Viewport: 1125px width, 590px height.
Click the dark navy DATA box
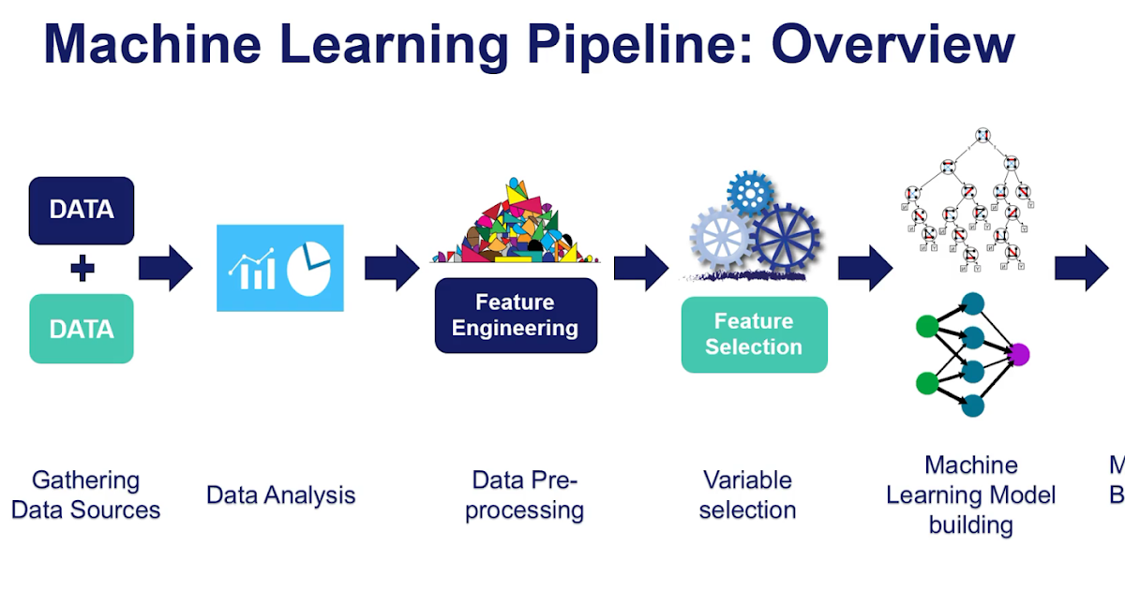tap(82, 210)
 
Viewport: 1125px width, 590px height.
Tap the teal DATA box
tap(82, 329)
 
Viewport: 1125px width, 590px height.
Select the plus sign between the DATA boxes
tap(82, 270)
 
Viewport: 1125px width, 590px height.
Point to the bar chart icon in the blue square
tap(252, 270)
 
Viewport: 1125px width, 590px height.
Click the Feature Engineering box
tap(516, 316)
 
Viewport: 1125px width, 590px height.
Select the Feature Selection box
tap(754, 334)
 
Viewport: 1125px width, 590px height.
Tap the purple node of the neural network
tap(1019, 354)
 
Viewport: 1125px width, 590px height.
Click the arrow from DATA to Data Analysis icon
tap(165, 269)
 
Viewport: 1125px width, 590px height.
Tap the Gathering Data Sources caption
tap(85, 495)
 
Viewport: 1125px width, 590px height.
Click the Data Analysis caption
tap(281, 494)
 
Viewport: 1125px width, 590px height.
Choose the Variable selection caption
tap(747, 495)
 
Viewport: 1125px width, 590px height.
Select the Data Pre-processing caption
tap(525, 495)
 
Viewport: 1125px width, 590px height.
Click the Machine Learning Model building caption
tap(970, 494)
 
